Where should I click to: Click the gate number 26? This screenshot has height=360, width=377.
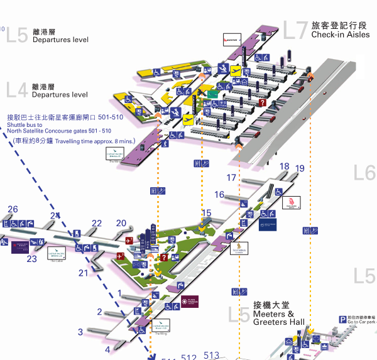coord(13,209)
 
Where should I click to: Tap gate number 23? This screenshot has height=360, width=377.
coord(32,258)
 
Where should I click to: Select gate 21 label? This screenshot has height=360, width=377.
coord(84,273)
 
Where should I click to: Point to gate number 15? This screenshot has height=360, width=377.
coord(206,214)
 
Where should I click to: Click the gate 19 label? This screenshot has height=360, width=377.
coord(300,168)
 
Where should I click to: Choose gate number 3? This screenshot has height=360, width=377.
coord(80,332)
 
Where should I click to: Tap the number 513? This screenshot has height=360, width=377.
coord(211,356)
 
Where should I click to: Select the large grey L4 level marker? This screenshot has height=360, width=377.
coord(17,90)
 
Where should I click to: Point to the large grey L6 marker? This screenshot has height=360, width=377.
coord(364,172)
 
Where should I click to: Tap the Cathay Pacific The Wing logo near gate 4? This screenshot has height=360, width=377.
coord(161,325)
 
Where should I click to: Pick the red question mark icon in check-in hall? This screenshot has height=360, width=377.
coord(263,103)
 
